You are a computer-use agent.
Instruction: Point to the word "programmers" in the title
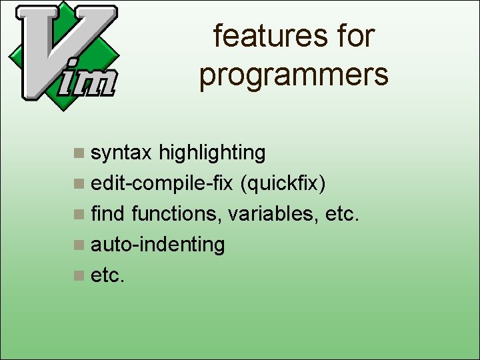click(293, 75)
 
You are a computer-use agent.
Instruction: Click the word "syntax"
click(121, 153)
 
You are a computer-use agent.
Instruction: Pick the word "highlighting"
click(212, 153)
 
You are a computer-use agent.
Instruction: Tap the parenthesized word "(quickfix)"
click(285, 183)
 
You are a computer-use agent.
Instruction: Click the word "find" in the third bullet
click(108, 214)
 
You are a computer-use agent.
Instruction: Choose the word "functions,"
click(177, 214)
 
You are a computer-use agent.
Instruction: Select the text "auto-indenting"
click(158, 245)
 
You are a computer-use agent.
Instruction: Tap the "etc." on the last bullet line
click(107, 275)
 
